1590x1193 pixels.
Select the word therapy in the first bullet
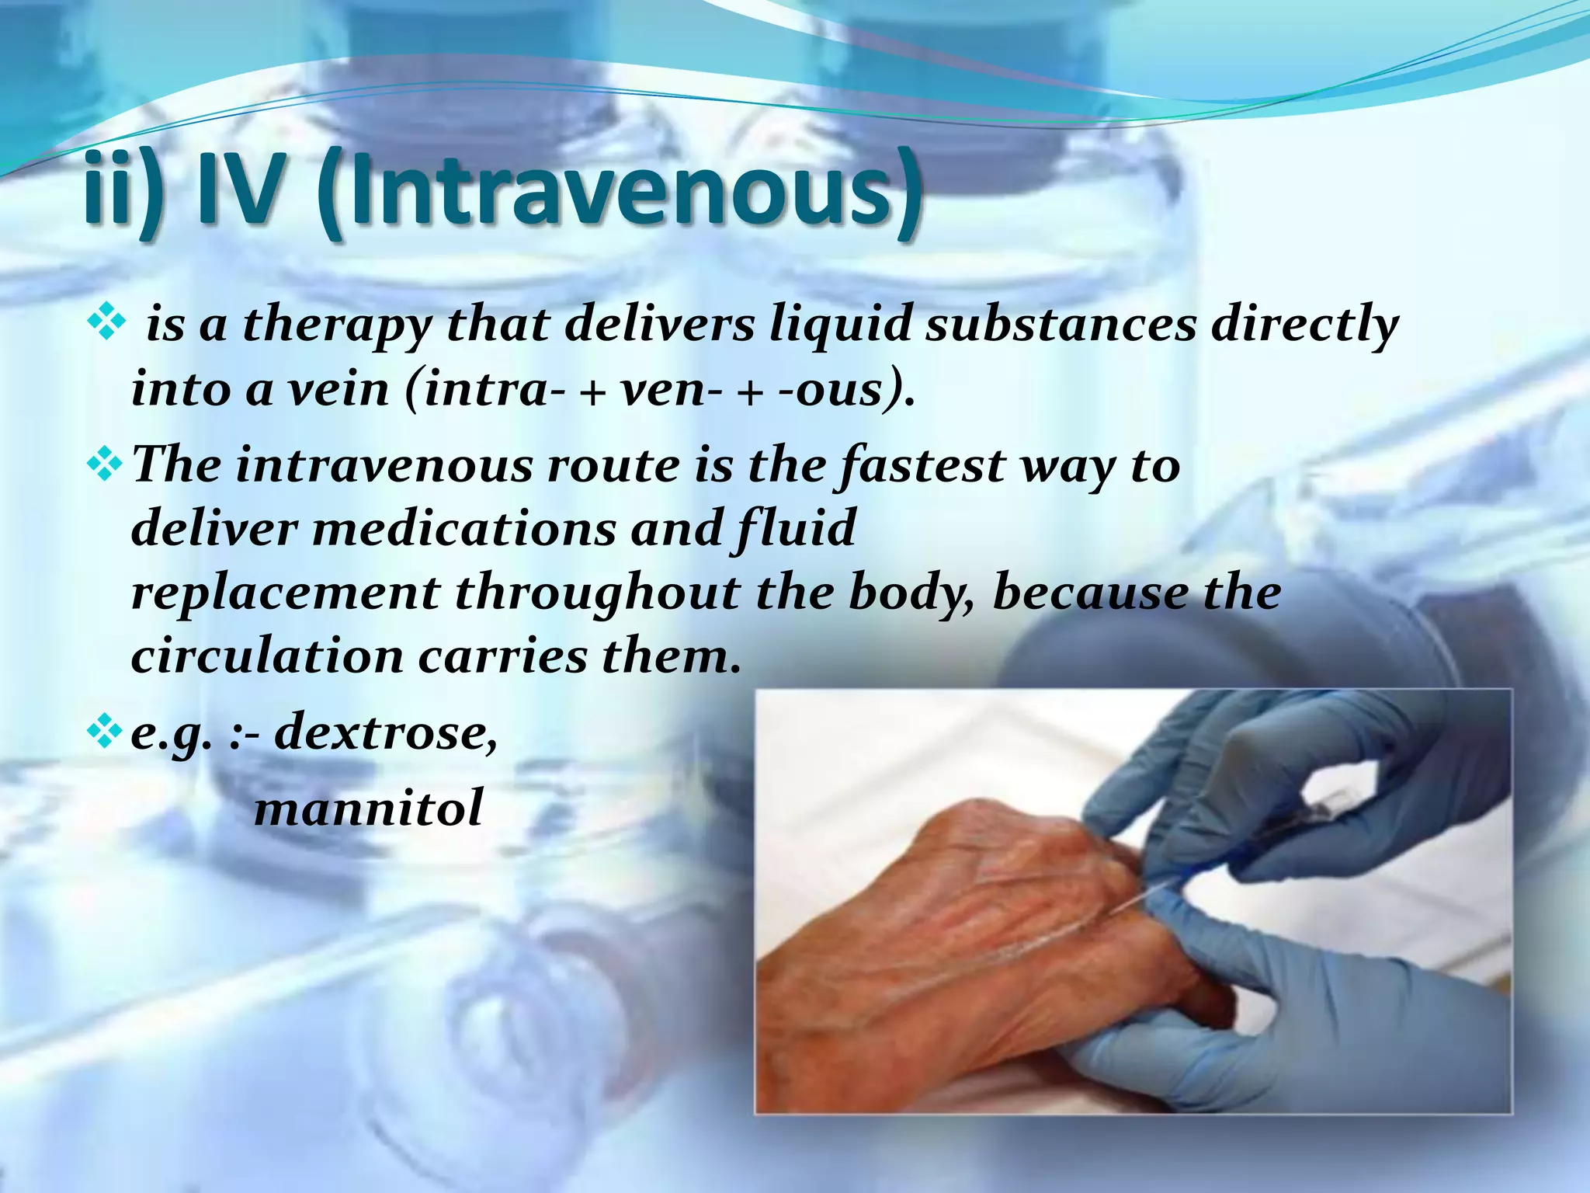pyautogui.click(x=337, y=326)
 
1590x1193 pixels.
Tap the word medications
pyautogui.click(x=463, y=529)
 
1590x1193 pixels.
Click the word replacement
pyautogui.click(x=285, y=593)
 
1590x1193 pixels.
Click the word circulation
pyautogui.click(x=267, y=656)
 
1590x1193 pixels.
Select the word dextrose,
pyautogui.click(x=386, y=732)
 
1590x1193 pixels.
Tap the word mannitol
pyautogui.click(x=369, y=808)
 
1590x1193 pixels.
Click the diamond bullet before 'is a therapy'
pyautogui.click(x=107, y=325)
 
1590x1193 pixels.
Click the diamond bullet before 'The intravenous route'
pyautogui.click(x=107, y=465)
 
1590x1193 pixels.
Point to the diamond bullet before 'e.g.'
pyautogui.click(x=107, y=732)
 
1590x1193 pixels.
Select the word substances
pyautogui.click(x=1061, y=326)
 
